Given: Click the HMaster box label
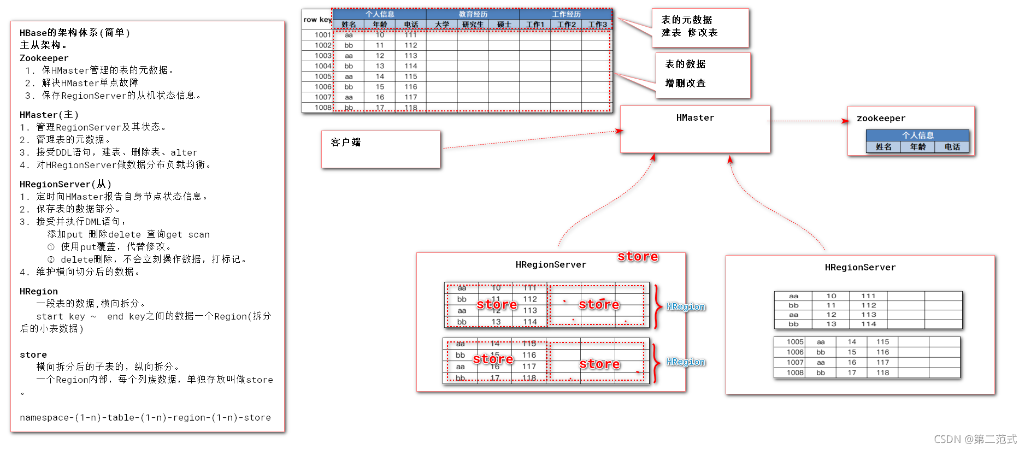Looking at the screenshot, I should (695, 118).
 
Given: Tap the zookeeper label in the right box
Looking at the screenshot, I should (881, 119).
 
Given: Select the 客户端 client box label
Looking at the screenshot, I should (345, 143).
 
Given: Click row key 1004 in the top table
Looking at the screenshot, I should (323, 66).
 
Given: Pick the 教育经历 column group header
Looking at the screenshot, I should (473, 14).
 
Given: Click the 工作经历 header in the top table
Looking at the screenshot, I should (566, 14).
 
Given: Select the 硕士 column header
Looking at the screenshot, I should (504, 25).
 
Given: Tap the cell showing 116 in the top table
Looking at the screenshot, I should (411, 87).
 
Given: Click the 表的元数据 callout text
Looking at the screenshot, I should (686, 20).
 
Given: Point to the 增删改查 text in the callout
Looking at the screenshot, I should (685, 83).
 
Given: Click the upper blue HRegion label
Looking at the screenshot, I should (686, 307).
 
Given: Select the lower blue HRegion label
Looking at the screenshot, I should (686, 362).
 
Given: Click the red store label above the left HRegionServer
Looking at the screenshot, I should (638, 257).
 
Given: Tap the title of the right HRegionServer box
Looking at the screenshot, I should (860, 268).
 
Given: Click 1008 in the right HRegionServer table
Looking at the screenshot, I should (795, 373).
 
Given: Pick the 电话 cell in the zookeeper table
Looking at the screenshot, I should (952, 147).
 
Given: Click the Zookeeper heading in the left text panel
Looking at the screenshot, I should (44, 58).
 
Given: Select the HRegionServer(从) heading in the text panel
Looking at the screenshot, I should (66, 185).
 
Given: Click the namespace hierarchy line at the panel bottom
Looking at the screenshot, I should (145, 418).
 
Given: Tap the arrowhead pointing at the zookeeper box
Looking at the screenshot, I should (845, 121).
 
